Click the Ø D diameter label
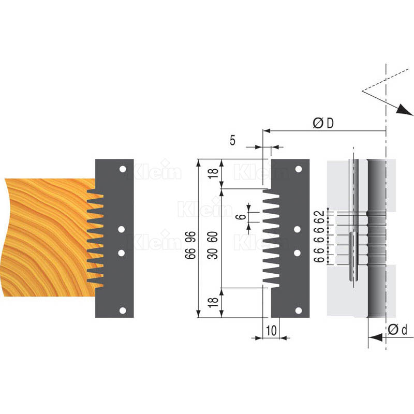[323, 123]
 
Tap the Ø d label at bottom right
[397, 330]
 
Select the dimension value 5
[232, 140]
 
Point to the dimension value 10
[271, 331]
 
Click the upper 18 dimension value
[213, 173]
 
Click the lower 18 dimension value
[213, 302]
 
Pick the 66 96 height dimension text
[190, 245]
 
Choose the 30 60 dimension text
[213, 245]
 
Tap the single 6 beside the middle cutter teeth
[241, 217]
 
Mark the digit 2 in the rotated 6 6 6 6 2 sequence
[320, 213]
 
